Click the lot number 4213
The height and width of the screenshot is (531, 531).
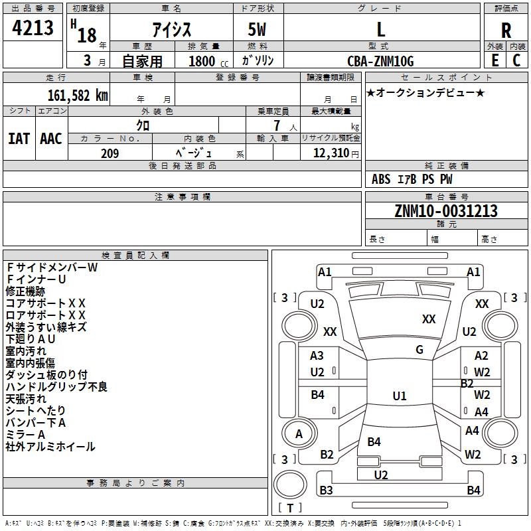(x=33, y=29)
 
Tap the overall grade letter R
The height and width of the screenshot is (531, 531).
(x=506, y=31)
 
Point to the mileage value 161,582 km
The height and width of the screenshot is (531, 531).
(x=78, y=95)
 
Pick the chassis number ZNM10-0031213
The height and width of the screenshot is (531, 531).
(x=445, y=211)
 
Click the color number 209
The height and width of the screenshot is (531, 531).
(x=110, y=153)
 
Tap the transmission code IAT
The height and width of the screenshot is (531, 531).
(x=19, y=139)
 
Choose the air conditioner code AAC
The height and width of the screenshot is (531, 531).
(x=51, y=139)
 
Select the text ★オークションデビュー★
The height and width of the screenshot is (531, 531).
(x=425, y=93)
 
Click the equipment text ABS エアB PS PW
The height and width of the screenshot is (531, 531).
(x=412, y=179)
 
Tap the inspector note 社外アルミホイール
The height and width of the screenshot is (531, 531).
(x=50, y=447)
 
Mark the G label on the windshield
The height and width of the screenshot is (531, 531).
(x=419, y=350)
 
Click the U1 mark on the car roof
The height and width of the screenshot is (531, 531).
(x=399, y=396)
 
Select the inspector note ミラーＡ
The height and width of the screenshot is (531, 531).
(x=26, y=435)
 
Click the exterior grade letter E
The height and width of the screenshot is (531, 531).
(x=494, y=61)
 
